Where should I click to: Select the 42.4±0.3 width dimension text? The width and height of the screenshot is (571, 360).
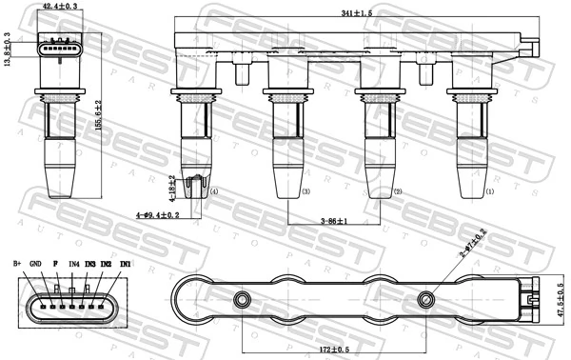(60, 7)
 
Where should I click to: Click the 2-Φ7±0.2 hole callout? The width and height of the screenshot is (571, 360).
(473, 244)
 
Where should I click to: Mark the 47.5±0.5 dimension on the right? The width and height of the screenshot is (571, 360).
(561, 300)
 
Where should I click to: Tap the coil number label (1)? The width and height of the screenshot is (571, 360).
(490, 191)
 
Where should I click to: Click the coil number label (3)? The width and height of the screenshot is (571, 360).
(305, 191)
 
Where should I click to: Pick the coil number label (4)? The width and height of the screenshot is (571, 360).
(214, 191)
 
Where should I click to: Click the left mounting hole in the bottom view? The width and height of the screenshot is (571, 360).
(243, 300)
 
